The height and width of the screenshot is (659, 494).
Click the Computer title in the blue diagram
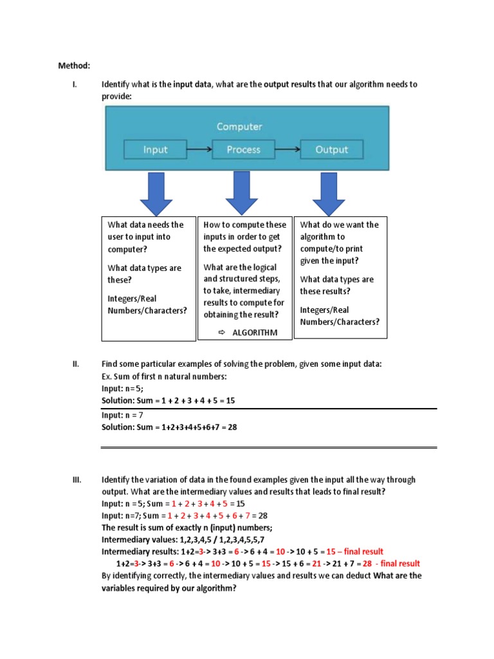click(239, 126)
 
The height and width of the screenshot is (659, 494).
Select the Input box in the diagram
click(156, 150)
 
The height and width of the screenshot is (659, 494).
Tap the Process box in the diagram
click(244, 150)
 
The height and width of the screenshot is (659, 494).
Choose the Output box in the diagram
click(331, 150)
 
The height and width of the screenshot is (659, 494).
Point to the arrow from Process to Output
click(288, 150)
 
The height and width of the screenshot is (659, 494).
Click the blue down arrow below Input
click(156, 194)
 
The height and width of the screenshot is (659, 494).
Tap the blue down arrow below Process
click(242, 194)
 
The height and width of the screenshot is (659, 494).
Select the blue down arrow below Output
click(329, 194)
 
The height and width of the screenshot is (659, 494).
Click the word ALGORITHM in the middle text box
click(254, 333)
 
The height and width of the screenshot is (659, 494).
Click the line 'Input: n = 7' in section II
click(122, 415)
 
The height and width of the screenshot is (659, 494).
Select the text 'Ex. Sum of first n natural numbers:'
click(164, 376)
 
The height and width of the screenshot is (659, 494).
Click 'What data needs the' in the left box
click(145, 225)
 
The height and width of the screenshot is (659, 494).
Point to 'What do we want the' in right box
click(339, 225)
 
